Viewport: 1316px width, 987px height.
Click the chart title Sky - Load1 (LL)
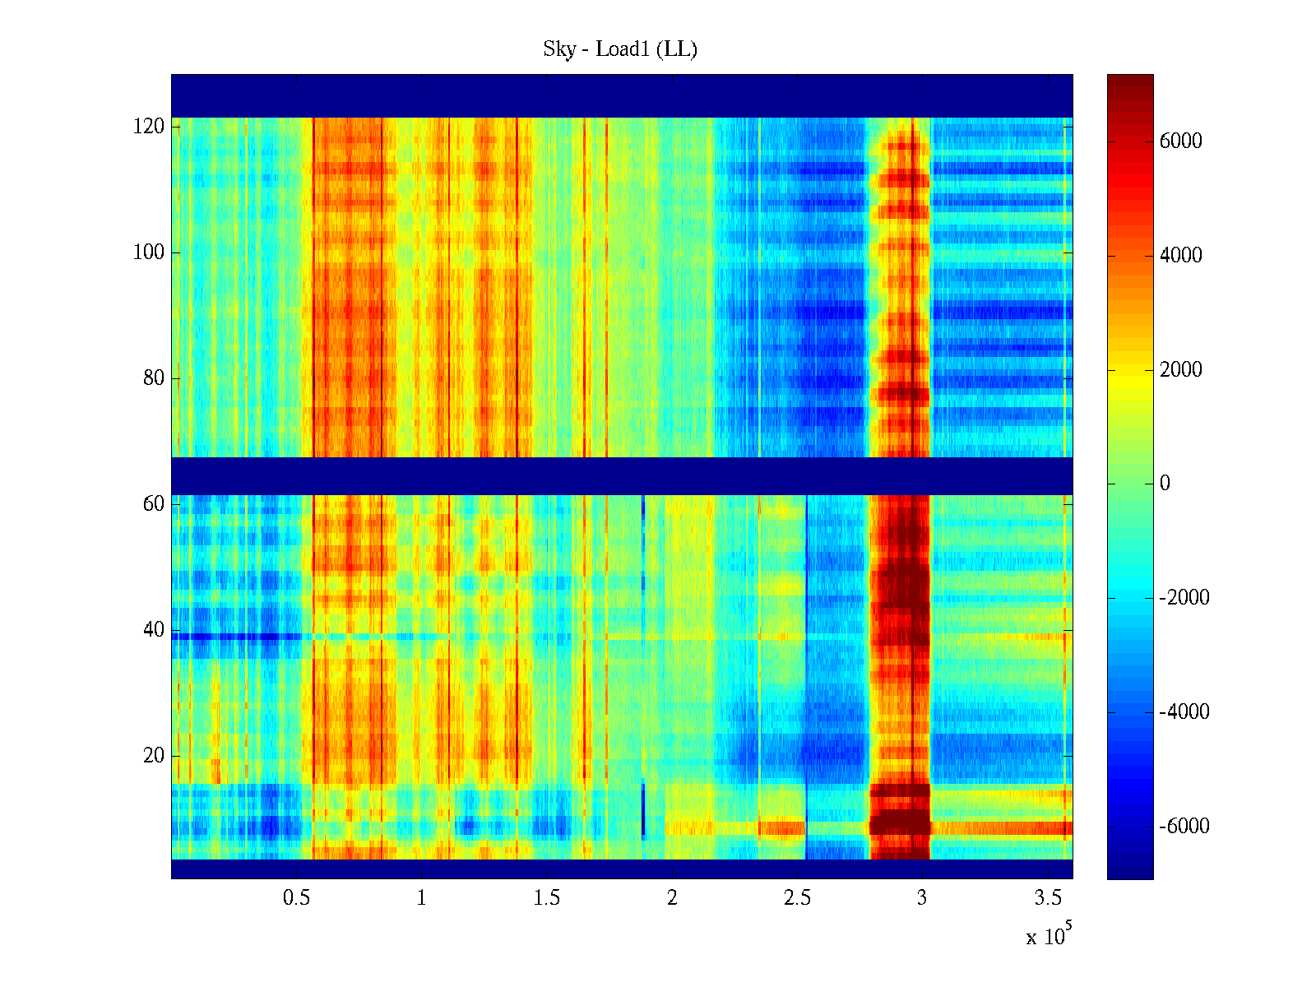(620, 49)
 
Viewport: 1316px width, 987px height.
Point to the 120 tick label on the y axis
(149, 127)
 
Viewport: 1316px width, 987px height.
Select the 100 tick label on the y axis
(149, 253)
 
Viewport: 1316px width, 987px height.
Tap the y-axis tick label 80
(154, 378)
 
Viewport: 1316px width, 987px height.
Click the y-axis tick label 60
(154, 504)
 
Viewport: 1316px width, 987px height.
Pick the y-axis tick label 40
(154, 630)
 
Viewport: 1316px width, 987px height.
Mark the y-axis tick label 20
(154, 756)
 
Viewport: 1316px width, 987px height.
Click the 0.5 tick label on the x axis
(297, 898)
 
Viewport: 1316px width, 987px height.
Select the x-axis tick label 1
(421, 898)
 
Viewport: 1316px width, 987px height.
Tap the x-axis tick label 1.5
(547, 898)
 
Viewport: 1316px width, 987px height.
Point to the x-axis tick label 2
(672, 898)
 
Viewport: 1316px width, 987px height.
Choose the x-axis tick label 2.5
(798, 898)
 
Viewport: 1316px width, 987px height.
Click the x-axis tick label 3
(922, 898)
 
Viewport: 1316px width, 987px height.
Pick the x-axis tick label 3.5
(1048, 898)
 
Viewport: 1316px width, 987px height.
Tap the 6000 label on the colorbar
(1180, 141)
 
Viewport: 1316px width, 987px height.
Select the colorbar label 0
(1165, 484)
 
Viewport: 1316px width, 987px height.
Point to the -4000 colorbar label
(1184, 712)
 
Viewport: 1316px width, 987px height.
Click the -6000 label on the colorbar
(1184, 827)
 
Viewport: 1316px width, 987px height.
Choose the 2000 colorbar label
(1180, 370)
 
